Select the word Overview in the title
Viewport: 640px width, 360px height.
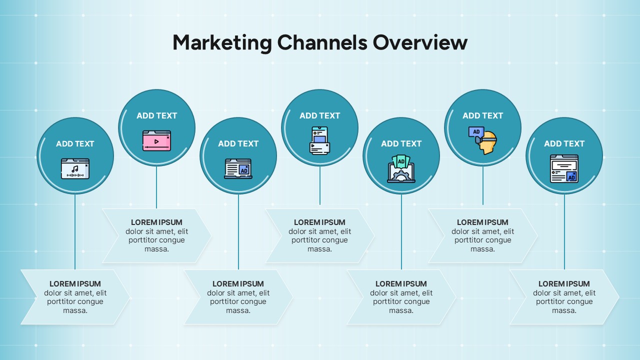420,43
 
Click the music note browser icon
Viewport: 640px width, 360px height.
75,169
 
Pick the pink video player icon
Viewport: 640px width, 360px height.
156,140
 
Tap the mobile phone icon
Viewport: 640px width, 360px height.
320,140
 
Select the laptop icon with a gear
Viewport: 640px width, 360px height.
401,169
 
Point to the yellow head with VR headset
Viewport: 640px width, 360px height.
483,141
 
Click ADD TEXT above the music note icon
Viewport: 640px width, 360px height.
75,143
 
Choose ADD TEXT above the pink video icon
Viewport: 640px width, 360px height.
156,115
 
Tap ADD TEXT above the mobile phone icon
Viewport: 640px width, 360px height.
320,115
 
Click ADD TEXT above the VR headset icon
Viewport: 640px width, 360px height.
483,115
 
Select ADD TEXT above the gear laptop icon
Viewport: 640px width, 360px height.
401,143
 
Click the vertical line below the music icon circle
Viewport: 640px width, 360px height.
75,230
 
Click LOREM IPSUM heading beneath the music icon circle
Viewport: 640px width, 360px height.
75,284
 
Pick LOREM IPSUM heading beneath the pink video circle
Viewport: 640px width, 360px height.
156,222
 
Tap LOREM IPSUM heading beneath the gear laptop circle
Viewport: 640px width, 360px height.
401,284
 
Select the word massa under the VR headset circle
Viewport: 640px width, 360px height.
483,249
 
